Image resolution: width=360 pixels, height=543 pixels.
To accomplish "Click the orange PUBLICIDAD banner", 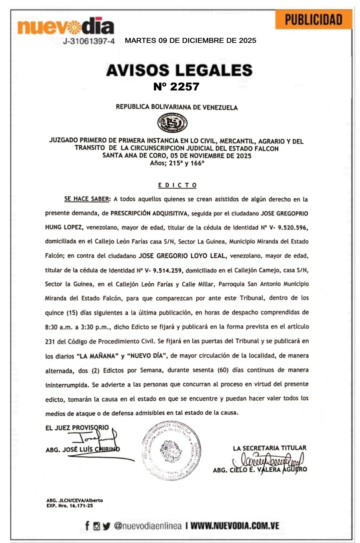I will (313, 20).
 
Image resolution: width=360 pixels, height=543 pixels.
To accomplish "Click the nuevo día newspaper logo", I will (66, 27).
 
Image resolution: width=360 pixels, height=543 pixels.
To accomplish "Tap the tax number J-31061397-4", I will (89, 41).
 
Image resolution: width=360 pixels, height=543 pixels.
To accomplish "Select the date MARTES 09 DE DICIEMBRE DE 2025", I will (190, 41).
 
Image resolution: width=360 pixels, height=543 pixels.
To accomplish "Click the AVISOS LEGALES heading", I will (179, 70).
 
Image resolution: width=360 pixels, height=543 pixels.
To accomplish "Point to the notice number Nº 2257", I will (176, 87).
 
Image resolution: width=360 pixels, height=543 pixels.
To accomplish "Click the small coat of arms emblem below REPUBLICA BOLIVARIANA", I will (172, 123).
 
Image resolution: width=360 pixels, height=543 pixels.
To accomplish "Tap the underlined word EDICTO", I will (177, 185).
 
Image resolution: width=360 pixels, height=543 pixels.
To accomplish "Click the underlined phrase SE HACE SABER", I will (87, 199).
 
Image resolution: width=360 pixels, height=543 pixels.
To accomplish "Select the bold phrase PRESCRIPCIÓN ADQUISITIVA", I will (149, 213).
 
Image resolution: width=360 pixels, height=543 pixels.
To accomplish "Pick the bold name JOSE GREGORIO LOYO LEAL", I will (182, 256).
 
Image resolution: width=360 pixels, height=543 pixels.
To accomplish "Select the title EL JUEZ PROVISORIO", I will (77, 428).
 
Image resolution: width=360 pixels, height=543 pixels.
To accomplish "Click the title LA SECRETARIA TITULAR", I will (270, 448).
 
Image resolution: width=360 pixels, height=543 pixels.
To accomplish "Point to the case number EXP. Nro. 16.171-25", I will (70, 506).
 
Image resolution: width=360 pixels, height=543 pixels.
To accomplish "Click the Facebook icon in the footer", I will (87, 526).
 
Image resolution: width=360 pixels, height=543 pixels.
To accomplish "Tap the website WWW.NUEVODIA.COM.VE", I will (235, 526).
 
